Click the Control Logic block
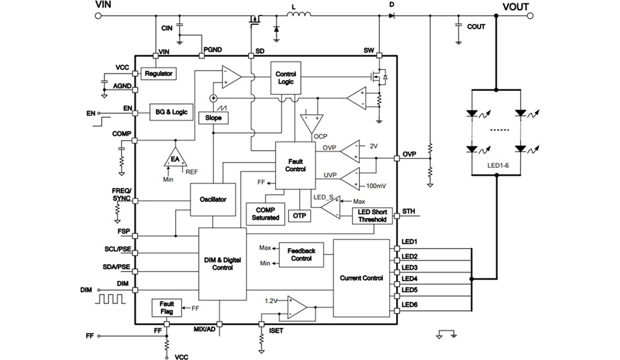(x=285, y=78)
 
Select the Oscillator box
(x=213, y=199)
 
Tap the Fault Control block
(x=295, y=165)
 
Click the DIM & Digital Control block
(x=222, y=264)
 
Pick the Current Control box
(x=361, y=278)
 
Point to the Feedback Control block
(x=301, y=254)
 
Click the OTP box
(x=299, y=215)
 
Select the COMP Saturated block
(x=265, y=214)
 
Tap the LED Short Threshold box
(x=372, y=216)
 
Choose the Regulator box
(x=158, y=74)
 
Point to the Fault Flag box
(x=166, y=308)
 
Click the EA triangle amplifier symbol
(x=174, y=159)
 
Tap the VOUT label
(x=516, y=7)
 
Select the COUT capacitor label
(x=475, y=26)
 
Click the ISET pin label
(x=276, y=331)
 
